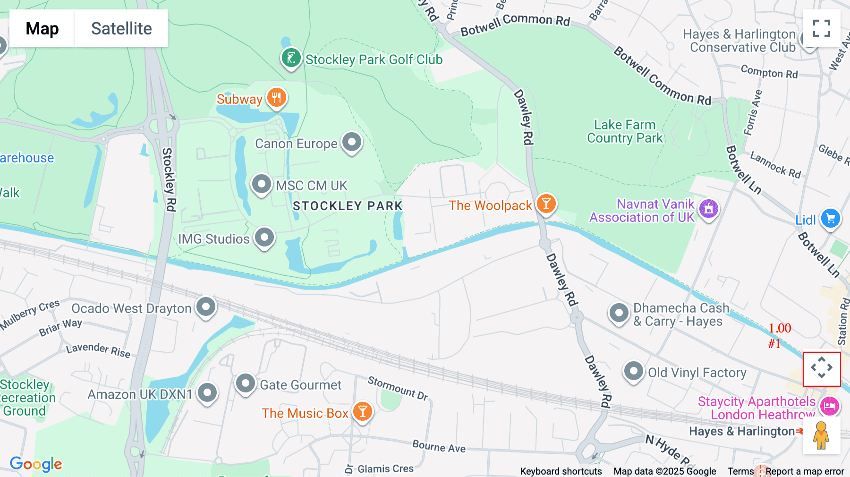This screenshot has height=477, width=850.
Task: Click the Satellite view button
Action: coord(121,28)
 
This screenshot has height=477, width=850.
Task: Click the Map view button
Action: coord(42,28)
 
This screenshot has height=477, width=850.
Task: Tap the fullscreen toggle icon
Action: coord(821,28)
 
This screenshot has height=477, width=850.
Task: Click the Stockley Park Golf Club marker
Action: coord(291,58)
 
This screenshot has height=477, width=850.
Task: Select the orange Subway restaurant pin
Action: coord(277,98)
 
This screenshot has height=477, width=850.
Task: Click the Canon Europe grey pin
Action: coord(352,142)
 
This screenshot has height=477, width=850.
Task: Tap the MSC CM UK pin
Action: coord(262,184)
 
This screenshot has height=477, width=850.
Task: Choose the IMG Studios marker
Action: coord(264,238)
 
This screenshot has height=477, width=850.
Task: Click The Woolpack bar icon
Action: coord(546,204)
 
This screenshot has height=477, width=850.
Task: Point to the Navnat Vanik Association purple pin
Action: coord(708,208)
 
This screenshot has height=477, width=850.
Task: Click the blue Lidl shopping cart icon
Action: coord(831,219)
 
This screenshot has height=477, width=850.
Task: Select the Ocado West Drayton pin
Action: coord(206,307)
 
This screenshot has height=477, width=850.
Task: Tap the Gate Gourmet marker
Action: coord(246,383)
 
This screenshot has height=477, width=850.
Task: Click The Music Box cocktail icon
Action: coord(363,412)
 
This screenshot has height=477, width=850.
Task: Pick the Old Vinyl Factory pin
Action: coord(633,372)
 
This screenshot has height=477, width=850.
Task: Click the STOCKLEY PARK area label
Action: coord(348,206)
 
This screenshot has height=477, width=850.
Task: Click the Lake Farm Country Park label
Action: coord(625,131)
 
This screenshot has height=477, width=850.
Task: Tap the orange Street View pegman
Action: coord(821,435)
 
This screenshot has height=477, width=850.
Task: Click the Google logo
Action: coord(36,464)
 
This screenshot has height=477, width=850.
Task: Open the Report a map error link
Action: coord(805,471)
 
